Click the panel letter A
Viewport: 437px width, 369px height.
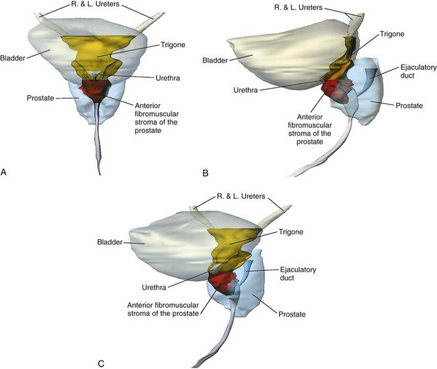click(5, 173)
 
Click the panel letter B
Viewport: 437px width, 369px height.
click(206, 173)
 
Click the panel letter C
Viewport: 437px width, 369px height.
click(101, 364)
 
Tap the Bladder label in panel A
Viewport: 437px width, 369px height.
click(13, 57)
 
